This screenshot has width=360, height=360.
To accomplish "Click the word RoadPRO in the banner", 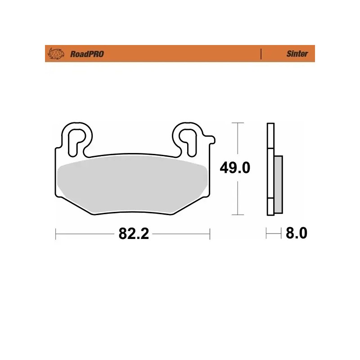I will click(87, 54).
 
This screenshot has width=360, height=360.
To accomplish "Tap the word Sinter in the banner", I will click(297, 54).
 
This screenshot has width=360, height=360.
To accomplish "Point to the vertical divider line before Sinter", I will click(261, 54).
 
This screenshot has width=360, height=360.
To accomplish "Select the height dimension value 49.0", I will click(234, 169).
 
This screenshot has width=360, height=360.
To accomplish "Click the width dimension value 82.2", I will click(134, 234).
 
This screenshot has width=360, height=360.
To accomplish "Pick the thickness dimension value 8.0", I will click(296, 234).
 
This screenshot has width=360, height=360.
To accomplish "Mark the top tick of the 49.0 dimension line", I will click(237, 122).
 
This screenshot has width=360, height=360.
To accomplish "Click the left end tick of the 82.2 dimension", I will click(55, 234).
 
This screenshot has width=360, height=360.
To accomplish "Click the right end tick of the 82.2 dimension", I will click(210, 234).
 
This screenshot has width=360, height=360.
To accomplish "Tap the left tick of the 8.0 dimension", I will click(267, 234).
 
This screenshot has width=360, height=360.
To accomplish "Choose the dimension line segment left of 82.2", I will click(85, 234).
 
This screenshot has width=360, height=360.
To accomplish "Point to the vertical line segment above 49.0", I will click(237, 139).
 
